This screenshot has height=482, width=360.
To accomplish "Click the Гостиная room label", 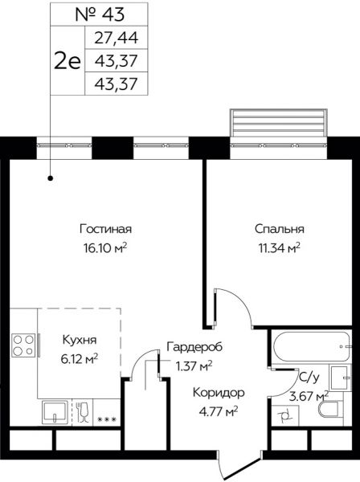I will [x=106, y=227].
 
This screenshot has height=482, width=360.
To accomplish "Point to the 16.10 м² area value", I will [x=105, y=247].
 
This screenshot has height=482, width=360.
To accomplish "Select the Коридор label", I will [x=217, y=393].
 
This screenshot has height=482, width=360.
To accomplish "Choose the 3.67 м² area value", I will [x=310, y=395].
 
